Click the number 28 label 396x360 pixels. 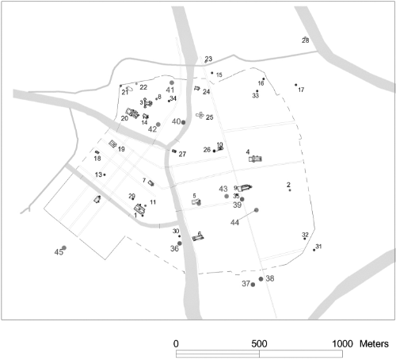click(306, 40)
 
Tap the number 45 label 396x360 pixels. click(58, 252)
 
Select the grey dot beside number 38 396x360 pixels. click(261, 279)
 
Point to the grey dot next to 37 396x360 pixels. click(253, 285)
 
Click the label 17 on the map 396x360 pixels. click(301, 90)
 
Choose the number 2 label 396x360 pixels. click(288, 185)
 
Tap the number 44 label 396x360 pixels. click(234, 223)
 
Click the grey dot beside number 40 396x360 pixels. click(185, 121)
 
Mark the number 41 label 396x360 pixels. click(169, 90)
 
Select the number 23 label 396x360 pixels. click(208, 59)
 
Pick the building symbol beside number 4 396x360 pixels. click(256, 159)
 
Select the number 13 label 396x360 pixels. click(98, 174)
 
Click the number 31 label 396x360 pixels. click(318, 247)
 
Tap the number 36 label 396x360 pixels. click(174, 248)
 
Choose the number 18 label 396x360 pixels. click(97, 159)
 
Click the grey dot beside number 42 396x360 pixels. click(158, 124)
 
